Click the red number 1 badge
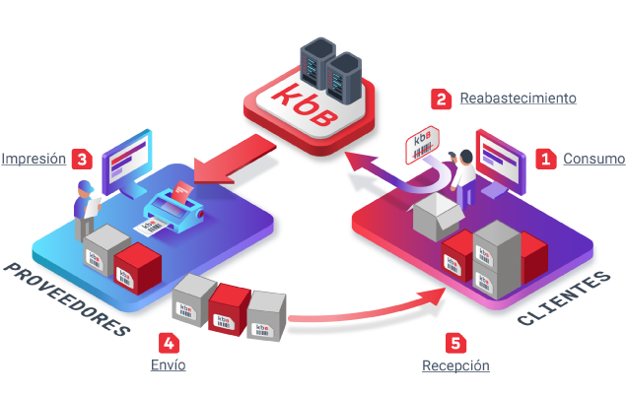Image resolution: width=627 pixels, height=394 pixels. [x=546, y=159]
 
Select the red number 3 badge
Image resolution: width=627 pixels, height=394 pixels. [x=84, y=159]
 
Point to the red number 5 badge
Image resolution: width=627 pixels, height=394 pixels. [x=455, y=343]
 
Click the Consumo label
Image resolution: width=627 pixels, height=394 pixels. [x=593, y=159]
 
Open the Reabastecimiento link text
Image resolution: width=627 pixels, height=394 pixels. [x=518, y=98]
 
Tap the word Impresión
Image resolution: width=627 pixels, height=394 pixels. [x=34, y=159]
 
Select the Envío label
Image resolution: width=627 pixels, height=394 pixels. [x=169, y=365]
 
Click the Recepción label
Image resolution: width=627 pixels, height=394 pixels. [x=455, y=365]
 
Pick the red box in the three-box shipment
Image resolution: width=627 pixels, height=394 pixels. [x=229, y=308]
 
